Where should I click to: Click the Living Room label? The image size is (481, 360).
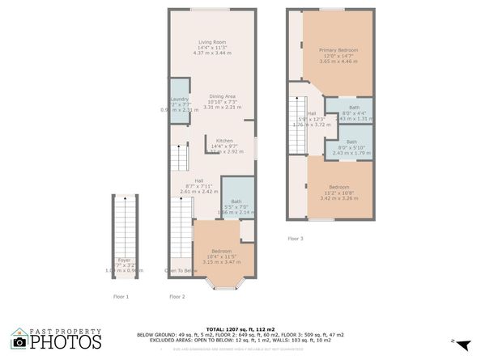point(213,42)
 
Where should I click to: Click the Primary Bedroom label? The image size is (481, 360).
point(338,50)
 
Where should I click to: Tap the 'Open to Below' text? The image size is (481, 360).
point(181,270)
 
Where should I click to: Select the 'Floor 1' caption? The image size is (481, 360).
point(121,297)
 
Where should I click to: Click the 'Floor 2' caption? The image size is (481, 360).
point(177,297)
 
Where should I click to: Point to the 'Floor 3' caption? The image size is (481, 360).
point(296,239)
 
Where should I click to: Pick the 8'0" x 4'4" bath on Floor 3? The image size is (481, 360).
point(354,108)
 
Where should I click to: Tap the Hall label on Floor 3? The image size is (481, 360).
point(312,114)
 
